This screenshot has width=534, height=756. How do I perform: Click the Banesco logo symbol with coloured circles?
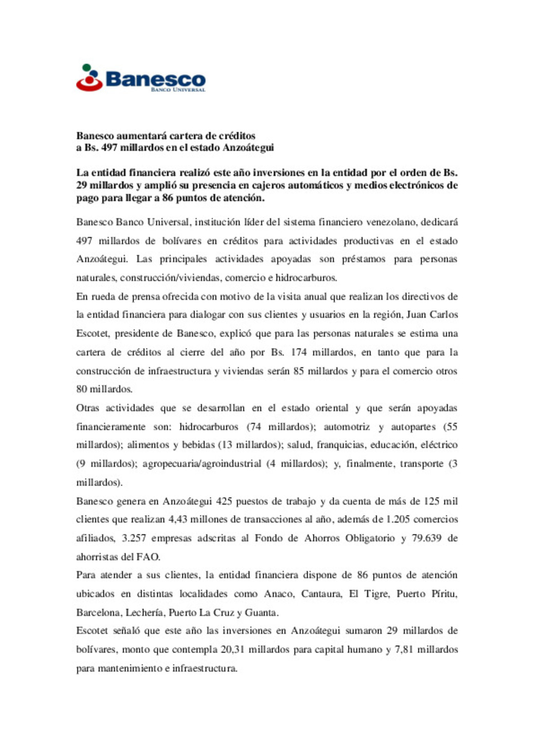click(x=89, y=78)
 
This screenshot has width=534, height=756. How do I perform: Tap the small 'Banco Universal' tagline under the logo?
click(x=178, y=90)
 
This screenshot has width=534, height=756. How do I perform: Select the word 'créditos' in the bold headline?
click(x=237, y=136)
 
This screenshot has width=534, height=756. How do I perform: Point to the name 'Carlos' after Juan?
click(x=444, y=315)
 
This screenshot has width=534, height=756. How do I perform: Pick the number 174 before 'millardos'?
click(x=299, y=352)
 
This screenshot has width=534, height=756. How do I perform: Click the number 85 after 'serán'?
click(x=299, y=371)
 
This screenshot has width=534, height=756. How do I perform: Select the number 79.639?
click(x=427, y=538)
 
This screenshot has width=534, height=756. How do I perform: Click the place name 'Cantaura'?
click(x=322, y=594)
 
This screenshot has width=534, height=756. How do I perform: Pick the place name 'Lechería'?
click(x=145, y=613)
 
